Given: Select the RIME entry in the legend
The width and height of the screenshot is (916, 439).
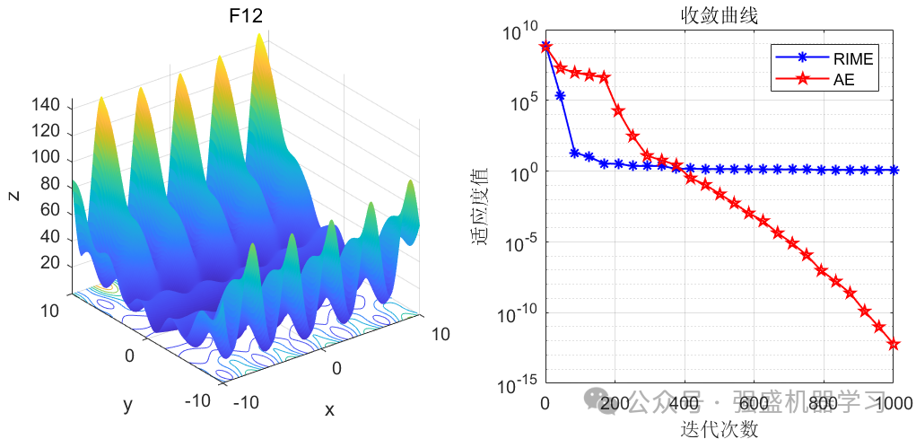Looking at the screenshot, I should pos(852,59).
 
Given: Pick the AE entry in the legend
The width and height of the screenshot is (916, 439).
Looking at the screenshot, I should pos(843,80).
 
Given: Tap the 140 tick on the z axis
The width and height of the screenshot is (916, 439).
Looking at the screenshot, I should pos(45,106).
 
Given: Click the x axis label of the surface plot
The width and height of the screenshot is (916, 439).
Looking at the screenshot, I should pos(329,410).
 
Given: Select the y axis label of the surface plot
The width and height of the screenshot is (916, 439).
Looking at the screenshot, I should pos(127,405).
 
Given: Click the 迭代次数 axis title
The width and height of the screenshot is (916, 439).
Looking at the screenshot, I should pos(719,427).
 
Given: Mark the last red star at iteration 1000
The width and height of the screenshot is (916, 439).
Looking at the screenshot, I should pos(894,344).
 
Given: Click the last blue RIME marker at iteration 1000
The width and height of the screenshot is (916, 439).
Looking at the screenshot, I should pos(894,170).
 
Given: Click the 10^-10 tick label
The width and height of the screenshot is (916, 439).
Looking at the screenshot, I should pos(518,315).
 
